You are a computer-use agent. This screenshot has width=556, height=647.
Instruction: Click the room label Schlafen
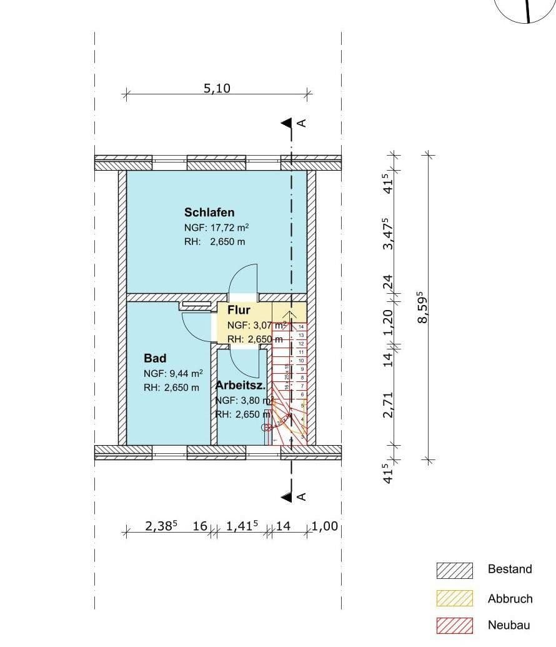pos(209,212)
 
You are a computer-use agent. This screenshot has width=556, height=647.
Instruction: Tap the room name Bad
pos(155,358)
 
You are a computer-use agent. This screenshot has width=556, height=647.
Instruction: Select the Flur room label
pos(239,310)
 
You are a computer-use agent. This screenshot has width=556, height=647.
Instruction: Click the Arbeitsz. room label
pos(241,385)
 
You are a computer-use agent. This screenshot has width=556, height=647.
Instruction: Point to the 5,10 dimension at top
pos(217,88)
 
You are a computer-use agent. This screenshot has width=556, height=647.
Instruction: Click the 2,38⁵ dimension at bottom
pos(161,526)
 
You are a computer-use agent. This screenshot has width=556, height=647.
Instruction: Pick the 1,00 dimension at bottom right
pos(325,526)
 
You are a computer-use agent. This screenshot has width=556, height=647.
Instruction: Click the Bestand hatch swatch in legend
pos(454,570)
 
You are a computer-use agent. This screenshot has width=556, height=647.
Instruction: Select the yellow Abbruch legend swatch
pos(454,599)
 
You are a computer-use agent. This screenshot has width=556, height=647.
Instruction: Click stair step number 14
pos(301,327)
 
